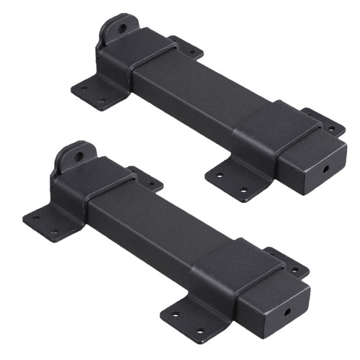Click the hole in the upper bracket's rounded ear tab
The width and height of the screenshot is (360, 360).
[x=122, y=29]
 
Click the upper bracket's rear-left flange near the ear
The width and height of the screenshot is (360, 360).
[x=189, y=48]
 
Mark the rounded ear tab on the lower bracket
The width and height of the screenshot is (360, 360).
[x=75, y=160]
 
